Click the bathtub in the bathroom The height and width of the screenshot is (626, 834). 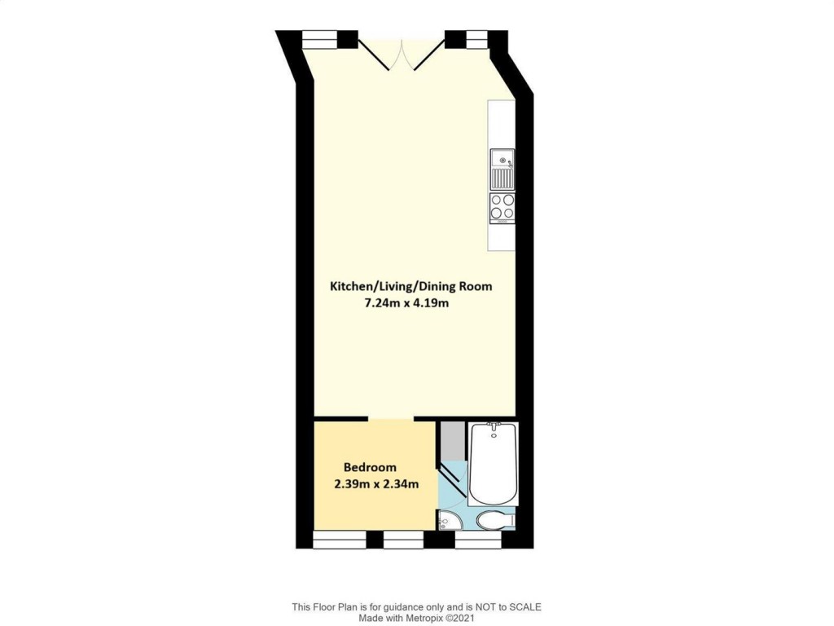pyautogui.click(x=492, y=465)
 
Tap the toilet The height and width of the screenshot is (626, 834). pyautogui.click(x=494, y=520)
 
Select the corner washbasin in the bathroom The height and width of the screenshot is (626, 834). pyautogui.click(x=446, y=522)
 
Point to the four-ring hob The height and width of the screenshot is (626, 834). pyautogui.click(x=502, y=207)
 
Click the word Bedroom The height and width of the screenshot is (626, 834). pyautogui.click(x=370, y=467)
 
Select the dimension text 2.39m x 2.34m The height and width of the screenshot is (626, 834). pyautogui.click(x=376, y=484)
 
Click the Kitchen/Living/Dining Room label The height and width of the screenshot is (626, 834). pyautogui.click(x=410, y=286)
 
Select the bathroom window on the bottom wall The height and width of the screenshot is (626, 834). pyautogui.click(x=477, y=540)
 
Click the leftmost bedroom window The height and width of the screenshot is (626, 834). pyautogui.click(x=339, y=540)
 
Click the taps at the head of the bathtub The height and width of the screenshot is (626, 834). pyautogui.click(x=492, y=425)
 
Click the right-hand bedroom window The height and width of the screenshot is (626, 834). pyautogui.click(x=403, y=540)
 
